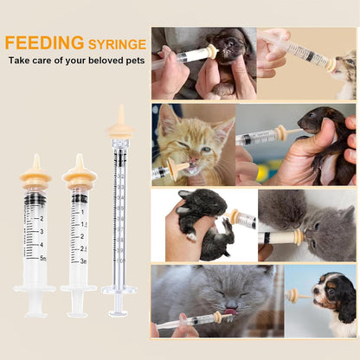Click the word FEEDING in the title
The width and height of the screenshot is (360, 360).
coord(43,42)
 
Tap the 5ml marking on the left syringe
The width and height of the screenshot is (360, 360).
coord(41,257)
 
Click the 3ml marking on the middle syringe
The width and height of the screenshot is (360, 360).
coord(83,260)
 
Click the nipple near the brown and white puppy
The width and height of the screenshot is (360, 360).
coord(293,295)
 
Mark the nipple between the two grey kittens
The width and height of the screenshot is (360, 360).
coord(297,236)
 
